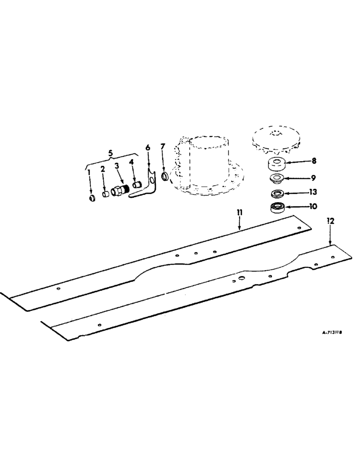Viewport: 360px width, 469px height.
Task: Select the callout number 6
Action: pyautogui.click(x=148, y=148)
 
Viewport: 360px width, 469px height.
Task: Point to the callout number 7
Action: pyautogui.click(x=163, y=148)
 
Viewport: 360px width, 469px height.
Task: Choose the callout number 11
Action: pyautogui.click(x=240, y=212)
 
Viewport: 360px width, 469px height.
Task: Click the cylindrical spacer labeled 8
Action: pyautogui.click(x=276, y=165)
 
